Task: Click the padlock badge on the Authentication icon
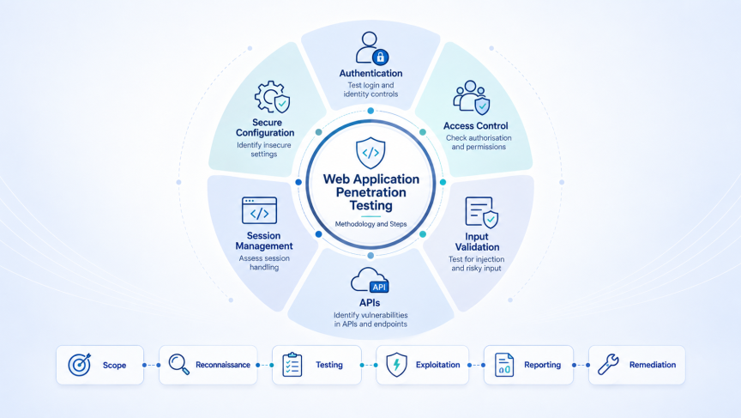tap(381, 58)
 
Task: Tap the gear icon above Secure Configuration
tap(270, 96)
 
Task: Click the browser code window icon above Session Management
tap(260, 210)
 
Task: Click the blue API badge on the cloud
tap(379, 287)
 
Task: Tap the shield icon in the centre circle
tap(370, 153)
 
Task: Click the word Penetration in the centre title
tap(371, 192)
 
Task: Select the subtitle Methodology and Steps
tap(371, 224)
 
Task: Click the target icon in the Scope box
tap(80, 365)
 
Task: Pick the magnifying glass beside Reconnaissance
tap(179, 365)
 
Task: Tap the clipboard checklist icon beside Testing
tap(292, 365)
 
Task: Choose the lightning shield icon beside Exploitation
tap(396, 365)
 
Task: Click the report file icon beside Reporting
tap(504, 365)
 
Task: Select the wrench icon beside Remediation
tap(608, 365)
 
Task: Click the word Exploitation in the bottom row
tap(437, 365)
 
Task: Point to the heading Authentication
tap(371, 73)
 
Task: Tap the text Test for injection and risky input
tap(476, 264)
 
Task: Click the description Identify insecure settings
tap(264, 149)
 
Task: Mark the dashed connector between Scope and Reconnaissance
tap(151, 365)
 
